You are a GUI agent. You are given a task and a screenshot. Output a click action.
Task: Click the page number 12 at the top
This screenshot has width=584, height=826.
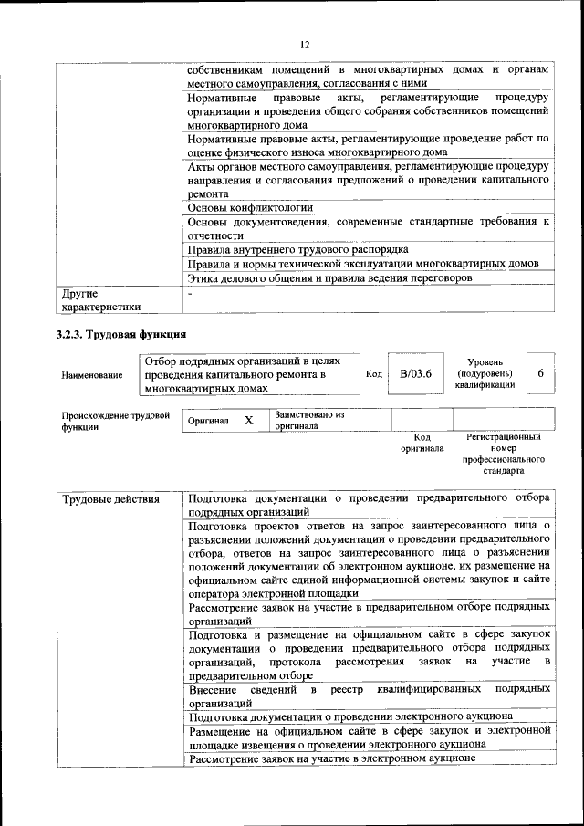click(305, 44)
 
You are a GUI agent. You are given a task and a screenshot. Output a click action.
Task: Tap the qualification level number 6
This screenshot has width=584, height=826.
click(540, 374)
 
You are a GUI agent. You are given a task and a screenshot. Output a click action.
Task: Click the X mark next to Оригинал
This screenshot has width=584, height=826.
click(247, 421)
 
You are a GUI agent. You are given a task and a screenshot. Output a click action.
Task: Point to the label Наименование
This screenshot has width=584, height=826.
click(92, 375)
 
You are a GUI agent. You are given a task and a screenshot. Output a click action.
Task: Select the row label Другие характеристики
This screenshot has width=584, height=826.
click(100, 300)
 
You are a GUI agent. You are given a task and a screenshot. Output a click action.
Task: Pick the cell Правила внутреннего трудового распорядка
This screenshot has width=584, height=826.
click(297, 249)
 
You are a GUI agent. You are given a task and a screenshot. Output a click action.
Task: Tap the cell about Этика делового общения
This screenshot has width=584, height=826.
click(329, 277)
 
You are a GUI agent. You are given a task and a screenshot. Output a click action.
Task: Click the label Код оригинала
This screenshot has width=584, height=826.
click(422, 443)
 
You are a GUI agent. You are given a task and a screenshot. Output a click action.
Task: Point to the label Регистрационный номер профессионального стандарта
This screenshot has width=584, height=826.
click(504, 455)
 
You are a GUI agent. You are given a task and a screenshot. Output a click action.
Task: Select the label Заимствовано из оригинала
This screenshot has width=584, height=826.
click(309, 420)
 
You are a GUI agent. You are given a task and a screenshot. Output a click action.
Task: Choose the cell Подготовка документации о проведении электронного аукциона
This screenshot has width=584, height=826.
click(349, 716)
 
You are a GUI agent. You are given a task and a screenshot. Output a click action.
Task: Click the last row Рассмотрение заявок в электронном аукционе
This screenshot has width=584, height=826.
click(332, 758)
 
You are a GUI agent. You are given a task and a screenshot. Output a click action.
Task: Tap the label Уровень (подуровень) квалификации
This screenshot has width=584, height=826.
click(484, 373)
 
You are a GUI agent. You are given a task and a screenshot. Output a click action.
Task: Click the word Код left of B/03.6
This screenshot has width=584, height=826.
click(373, 374)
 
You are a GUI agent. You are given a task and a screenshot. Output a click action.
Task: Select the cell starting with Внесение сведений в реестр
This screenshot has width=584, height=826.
click(368, 696)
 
